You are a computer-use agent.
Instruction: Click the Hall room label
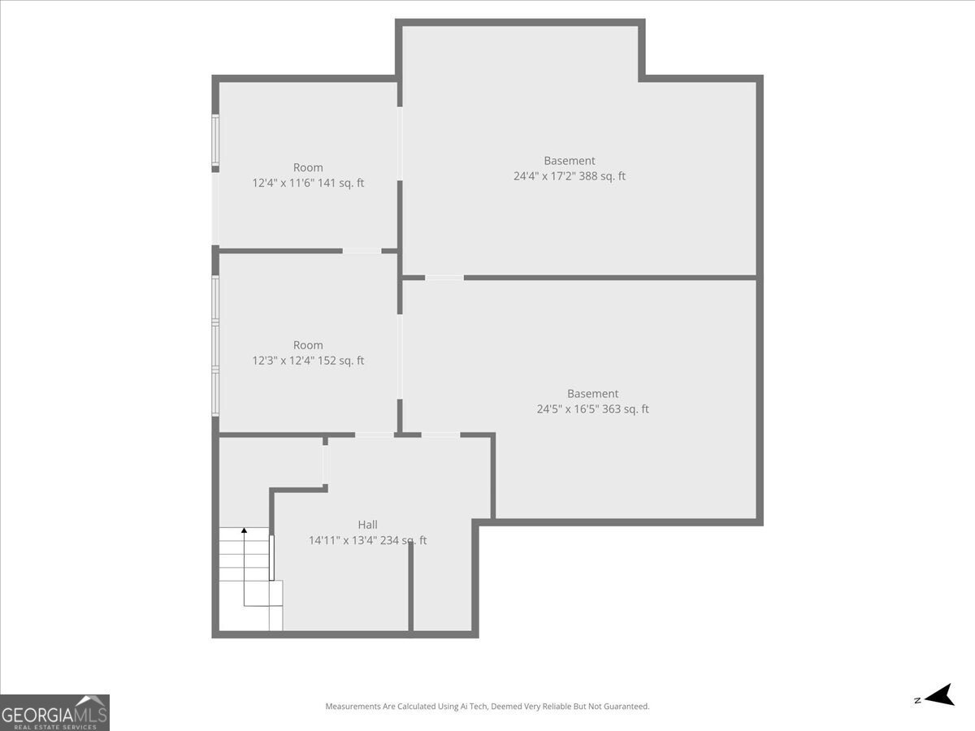click(x=367, y=525)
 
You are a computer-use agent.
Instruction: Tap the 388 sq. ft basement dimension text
click(x=569, y=176)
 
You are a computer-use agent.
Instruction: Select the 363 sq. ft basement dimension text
click(x=592, y=409)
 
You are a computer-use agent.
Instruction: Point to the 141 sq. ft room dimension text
click(x=308, y=184)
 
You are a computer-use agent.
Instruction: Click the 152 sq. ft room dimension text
click(x=308, y=361)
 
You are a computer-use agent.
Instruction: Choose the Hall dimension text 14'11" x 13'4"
click(x=367, y=541)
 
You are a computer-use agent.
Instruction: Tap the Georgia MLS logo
click(x=54, y=712)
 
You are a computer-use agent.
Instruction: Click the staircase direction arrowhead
click(x=244, y=530)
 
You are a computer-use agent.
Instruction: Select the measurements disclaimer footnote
click(x=487, y=707)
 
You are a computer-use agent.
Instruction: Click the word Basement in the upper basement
click(x=569, y=161)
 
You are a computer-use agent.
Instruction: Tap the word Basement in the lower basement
click(x=592, y=394)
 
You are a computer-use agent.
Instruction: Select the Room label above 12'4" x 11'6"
click(x=308, y=168)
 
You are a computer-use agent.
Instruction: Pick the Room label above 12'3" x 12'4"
click(x=308, y=345)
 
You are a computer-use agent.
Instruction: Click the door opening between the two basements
click(x=444, y=278)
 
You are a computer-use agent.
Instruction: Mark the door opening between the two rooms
click(x=362, y=251)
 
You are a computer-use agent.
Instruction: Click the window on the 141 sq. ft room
click(x=215, y=141)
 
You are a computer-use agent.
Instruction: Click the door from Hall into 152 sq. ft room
click(x=375, y=435)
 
